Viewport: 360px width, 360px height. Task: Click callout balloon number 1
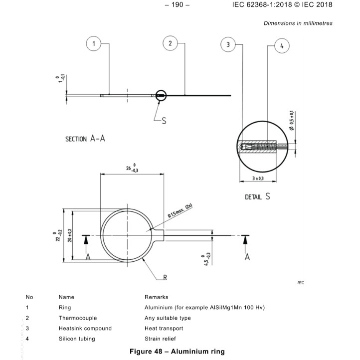(93, 44)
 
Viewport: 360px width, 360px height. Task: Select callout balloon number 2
(170, 44)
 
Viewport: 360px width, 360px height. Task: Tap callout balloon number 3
(228, 45)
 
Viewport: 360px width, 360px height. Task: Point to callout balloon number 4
(281, 46)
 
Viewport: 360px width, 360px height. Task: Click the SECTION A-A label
(85, 139)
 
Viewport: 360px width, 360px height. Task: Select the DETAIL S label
(257, 196)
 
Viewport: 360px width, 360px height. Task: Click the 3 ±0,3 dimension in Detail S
(258, 178)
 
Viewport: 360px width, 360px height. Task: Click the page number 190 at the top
(180, 5)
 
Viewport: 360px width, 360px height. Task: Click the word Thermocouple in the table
(77, 318)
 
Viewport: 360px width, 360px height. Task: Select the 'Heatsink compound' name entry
(85, 328)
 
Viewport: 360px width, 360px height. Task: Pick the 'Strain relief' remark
(161, 339)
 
